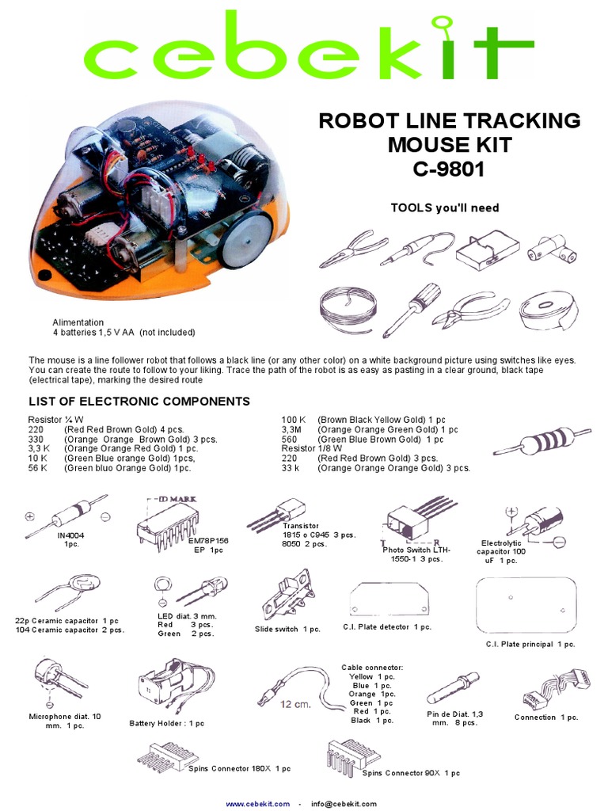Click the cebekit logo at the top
tap(304, 49)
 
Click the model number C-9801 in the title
tap(449, 169)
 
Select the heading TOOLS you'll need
tap(445, 208)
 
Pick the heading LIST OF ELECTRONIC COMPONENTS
tap(139, 401)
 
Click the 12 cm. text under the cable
tap(295, 704)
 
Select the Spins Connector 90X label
tap(411, 772)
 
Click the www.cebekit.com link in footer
tap(258, 803)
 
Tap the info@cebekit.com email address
tap(344, 803)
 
